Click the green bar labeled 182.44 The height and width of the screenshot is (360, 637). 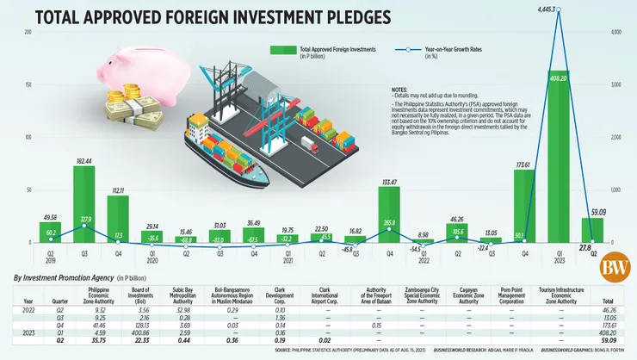click(83, 203)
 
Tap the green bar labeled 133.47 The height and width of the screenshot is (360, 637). click(389, 214)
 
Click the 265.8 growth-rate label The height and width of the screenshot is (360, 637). click(389, 221)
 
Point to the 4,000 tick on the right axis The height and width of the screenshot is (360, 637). click(615, 32)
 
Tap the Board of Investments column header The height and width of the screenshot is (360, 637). click(169, 297)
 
